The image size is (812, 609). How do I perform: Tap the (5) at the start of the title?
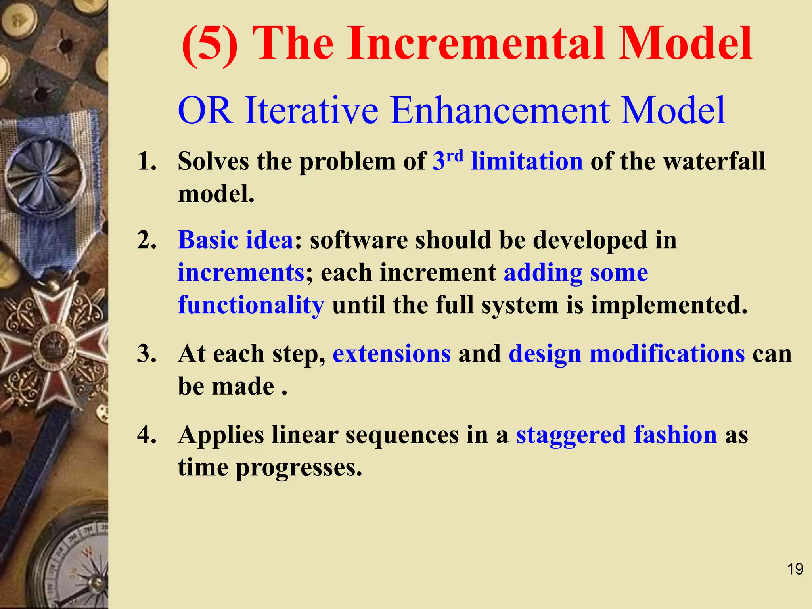tap(210, 44)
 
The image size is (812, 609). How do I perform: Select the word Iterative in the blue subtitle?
tap(311, 111)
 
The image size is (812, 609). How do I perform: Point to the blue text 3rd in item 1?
tap(448, 161)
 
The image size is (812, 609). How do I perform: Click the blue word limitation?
tap(527, 162)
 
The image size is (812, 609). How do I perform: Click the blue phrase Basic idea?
tap(236, 240)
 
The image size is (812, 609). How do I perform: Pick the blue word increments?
tap(241, 273)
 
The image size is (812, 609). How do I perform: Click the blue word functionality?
tap(251, 305)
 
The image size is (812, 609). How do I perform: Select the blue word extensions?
tap(392, 354)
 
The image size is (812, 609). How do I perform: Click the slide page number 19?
tap(795, 569)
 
